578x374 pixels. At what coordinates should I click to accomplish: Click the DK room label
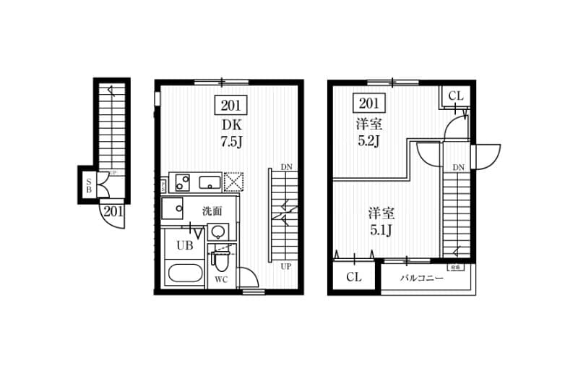(230, 124)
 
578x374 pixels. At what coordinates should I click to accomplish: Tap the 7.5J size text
(230, 140)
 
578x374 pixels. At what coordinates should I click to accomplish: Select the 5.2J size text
(369, 140)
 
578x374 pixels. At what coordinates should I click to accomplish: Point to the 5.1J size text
(381, 230)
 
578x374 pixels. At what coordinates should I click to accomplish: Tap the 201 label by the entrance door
(112, 211)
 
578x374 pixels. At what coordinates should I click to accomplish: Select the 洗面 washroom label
(211, 211)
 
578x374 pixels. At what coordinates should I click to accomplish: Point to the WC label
(221, 279)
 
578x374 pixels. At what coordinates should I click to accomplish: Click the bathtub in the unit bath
(184, 275)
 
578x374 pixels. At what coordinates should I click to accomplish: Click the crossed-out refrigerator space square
(235, 182)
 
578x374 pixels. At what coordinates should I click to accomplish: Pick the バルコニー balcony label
(422, 277)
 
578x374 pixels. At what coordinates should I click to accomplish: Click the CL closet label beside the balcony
(353, 276)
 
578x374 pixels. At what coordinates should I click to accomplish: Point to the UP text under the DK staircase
(286, 266)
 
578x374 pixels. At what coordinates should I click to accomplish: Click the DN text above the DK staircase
(286, 167)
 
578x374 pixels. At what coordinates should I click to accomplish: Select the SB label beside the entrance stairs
(88, 185)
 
